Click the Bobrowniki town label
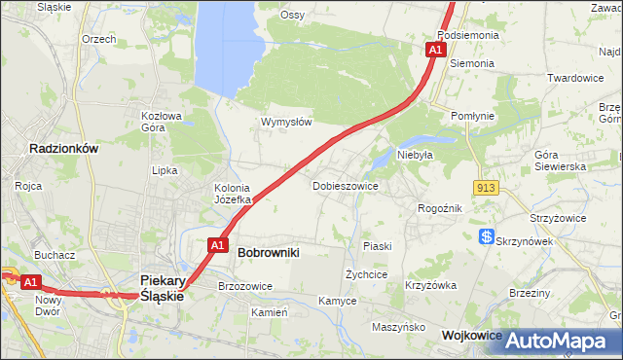click(268, 252)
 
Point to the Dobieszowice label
click(345, 185)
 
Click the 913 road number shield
click(488, 187)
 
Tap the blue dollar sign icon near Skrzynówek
click(486, 236)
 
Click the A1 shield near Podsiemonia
click(435, 49)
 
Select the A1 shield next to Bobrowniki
click(219, 245)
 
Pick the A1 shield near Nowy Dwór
click(30, 282)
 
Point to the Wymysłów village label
click(286, 123)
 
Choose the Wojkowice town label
click(471, 335)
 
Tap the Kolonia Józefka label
click(233, 194)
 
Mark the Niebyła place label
click(415, 154)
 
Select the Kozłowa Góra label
click(162, 121)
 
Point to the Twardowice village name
click(575, 78)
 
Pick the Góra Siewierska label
click(560, 161)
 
